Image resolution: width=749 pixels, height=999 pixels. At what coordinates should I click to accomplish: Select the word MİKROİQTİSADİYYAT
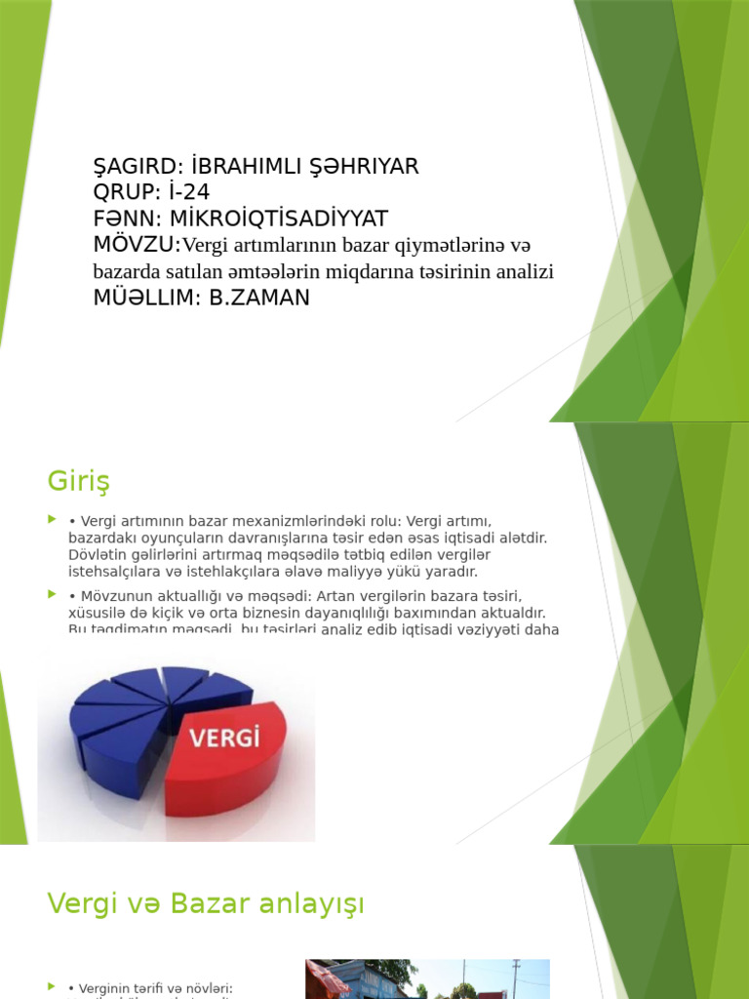click(279, 219)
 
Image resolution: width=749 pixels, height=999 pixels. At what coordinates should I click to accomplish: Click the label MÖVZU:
click(137, 244)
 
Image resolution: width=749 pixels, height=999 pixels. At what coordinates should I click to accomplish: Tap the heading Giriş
click(78, 481)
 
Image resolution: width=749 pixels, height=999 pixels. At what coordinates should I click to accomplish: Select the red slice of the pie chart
click(234, 771)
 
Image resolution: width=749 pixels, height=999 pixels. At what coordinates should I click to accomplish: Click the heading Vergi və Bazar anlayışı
click(206, 903)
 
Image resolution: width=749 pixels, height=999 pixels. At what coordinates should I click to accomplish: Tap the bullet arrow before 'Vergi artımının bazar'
click(53, 522)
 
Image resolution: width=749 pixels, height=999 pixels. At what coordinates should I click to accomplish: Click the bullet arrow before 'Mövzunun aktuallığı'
click(53, 594)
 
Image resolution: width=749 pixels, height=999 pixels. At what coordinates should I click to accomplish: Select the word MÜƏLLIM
click(142, 299)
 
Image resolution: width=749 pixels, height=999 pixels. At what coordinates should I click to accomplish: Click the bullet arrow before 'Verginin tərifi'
click(53, 987)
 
